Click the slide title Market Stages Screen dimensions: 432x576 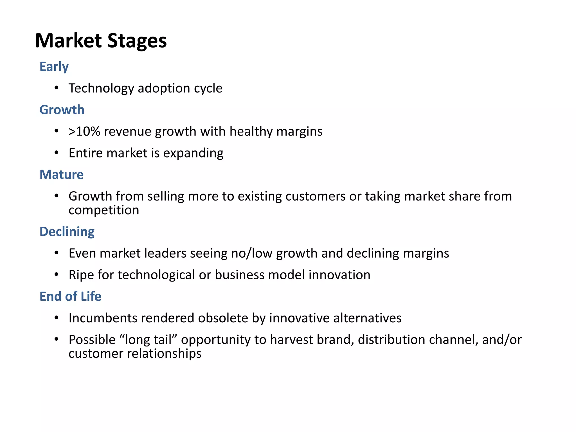point(101,41)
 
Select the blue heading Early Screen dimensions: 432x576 point(54,67)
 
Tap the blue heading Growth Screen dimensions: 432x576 point(62,110)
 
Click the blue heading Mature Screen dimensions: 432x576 point(62,175)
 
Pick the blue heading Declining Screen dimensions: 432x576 point(67,232)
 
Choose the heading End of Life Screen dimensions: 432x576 point(70,296)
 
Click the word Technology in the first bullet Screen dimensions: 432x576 point(101,88)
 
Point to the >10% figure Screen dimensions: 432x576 point(84,132)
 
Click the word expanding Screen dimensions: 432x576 point(193,153)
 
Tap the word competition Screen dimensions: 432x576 point(104,210)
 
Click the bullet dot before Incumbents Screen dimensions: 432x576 point(57,318)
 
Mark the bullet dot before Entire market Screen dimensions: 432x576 point(57,153)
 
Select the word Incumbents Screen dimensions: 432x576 point(103,318)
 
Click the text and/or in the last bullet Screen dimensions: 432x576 point(502,340)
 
